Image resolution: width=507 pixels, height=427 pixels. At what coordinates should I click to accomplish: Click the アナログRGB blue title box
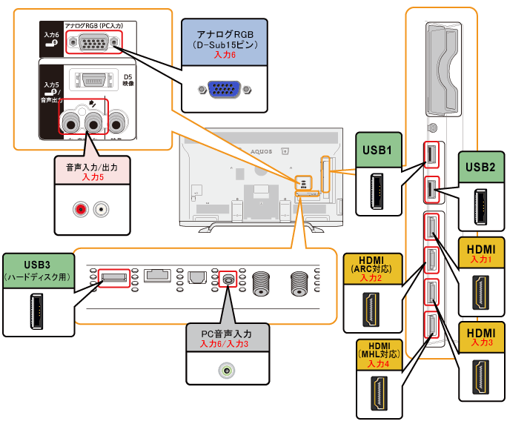pyautogui.click(x=224, y=44)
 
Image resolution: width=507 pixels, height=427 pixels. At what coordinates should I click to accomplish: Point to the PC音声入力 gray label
pyautogui.click(x=228, y=340)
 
